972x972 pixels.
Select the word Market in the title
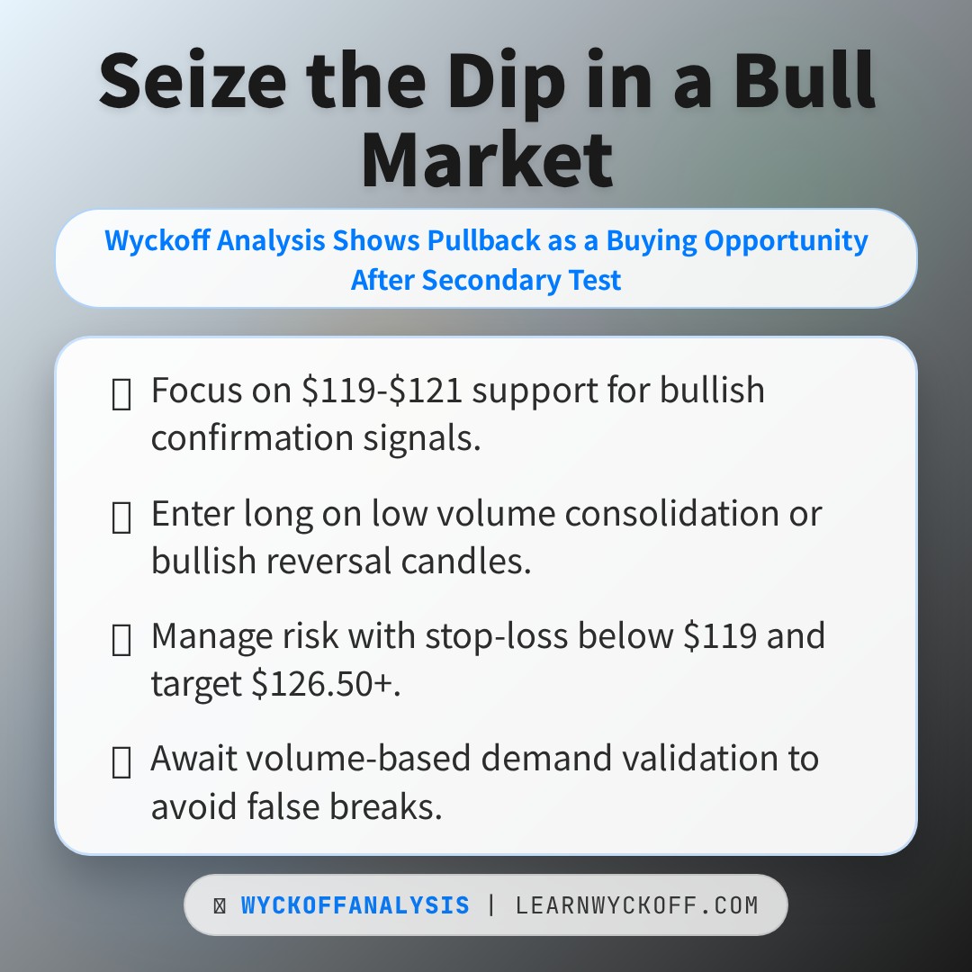486,160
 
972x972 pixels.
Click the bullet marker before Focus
121,394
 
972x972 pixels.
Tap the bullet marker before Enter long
121,517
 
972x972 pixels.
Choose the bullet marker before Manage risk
121,640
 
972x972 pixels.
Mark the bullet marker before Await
121,762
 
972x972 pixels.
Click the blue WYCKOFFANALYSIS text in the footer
355,905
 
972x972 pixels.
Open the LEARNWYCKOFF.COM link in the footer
637,905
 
